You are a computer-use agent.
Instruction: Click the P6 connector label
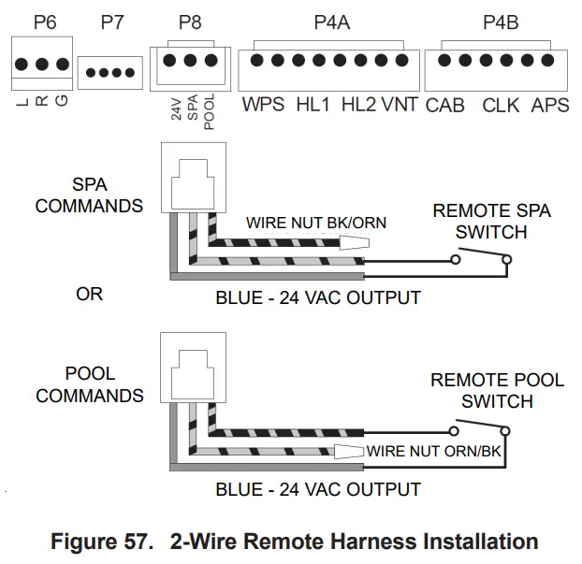[x=45, y=22]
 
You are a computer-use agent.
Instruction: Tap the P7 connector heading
[x=112, y=22]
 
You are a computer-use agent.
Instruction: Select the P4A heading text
[x=332, y=22]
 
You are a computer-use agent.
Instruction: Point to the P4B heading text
[x=501, y=22]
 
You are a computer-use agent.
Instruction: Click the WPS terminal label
[x=263, y=104]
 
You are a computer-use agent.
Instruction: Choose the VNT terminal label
[x=400, y=104]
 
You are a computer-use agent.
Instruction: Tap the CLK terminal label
[x=501, y=106]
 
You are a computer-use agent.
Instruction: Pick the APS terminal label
[x=550, y=106]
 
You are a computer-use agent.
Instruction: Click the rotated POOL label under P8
[x=210, y=111]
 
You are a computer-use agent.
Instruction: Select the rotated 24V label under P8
[x=177, y=109]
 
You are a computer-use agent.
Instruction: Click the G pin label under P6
[x=62, y=101]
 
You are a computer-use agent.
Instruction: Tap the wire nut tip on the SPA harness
[x=369, y=243]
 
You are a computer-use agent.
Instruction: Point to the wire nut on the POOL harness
[x=348, y=452]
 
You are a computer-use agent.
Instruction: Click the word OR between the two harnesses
[x=90, y=295]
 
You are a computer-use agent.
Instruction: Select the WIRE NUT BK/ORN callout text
[x=316, y=223]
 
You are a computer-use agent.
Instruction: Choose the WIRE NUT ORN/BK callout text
[x=434, y=451]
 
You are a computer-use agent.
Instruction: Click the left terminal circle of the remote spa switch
[x=456, y=259]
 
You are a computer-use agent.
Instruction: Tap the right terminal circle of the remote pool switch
[x=504, y=431]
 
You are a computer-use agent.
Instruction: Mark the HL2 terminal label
[x=358, y=104]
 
